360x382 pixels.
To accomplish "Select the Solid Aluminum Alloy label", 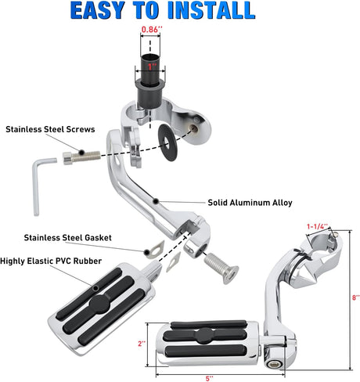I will click(x=250, y=202).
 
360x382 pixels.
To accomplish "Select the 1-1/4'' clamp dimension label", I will click(x=316, y=225).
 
